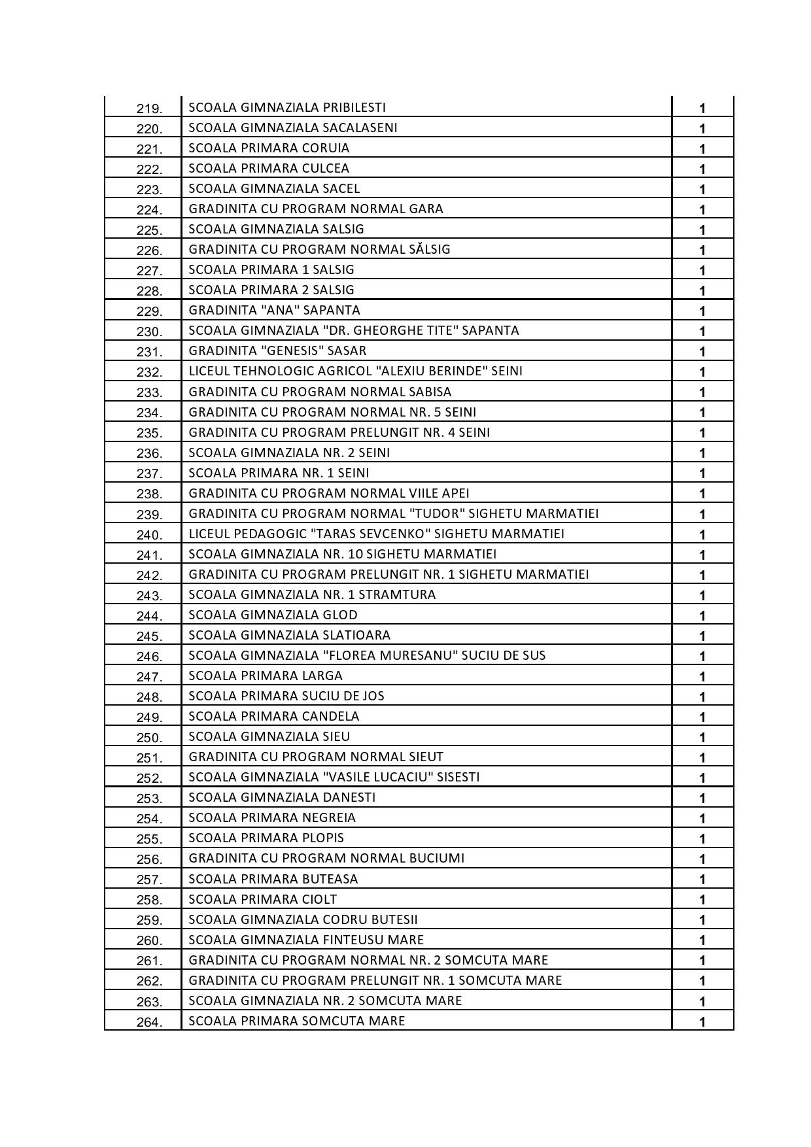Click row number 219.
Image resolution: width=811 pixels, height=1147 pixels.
click(x=149, y=109)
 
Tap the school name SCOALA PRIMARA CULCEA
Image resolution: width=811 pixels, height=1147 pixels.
click(x=269, y=168)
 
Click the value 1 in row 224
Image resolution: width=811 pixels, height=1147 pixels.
click(x=702, y=210)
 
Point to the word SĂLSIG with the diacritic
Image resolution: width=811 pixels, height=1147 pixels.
click(x=429, y=249)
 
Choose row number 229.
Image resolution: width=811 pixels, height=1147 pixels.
click(x=149, y=311)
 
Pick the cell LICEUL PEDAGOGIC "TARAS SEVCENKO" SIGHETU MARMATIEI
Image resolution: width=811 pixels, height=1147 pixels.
click(x=376, y=534)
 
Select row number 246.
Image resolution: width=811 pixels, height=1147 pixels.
click(x=149, y=657)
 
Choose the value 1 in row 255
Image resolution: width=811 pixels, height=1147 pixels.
click(x=702, y=839)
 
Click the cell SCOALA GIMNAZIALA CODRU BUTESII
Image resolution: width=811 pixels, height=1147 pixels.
click(x=303, y=919)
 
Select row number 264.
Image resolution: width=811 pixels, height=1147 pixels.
click(x=149, y=1022)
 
